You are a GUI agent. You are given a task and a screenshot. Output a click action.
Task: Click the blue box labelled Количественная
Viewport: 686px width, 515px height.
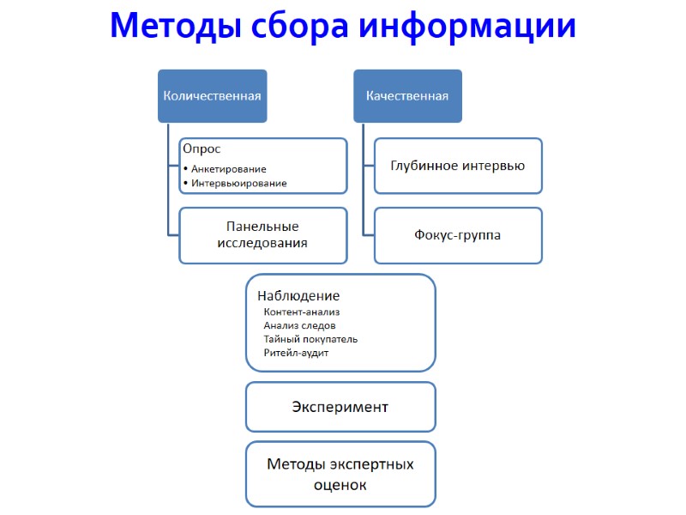point(212,96)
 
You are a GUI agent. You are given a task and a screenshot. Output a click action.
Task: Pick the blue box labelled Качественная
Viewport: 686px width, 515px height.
point(407,96)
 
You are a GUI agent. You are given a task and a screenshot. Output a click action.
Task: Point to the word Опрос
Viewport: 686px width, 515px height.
point(202,148)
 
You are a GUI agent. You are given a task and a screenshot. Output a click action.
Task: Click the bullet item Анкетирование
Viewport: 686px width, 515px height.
point(229,169)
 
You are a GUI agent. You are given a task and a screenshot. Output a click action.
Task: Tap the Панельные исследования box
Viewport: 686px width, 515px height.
point(262,234)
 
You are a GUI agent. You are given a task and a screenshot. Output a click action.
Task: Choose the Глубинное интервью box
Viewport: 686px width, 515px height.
point(457,166)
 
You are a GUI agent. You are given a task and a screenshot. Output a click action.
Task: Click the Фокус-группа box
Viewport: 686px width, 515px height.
point(457,234)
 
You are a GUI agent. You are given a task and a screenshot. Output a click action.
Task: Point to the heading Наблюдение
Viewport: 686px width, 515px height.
point(298,296)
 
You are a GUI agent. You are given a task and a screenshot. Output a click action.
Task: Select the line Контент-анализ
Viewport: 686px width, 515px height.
point(302,312)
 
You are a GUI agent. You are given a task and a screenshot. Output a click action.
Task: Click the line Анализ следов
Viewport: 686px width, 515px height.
point(299,325)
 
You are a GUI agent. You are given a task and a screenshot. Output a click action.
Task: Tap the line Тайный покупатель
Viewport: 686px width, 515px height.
point(310,339)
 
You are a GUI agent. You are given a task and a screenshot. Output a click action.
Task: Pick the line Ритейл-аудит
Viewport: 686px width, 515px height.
point(296,353)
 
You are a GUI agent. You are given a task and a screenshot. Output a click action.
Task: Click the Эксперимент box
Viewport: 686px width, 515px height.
point(340,407)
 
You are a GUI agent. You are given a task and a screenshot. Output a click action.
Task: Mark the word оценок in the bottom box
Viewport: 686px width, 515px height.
point(340,485)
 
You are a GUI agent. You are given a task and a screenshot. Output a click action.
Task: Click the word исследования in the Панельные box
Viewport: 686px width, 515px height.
point(262,243)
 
